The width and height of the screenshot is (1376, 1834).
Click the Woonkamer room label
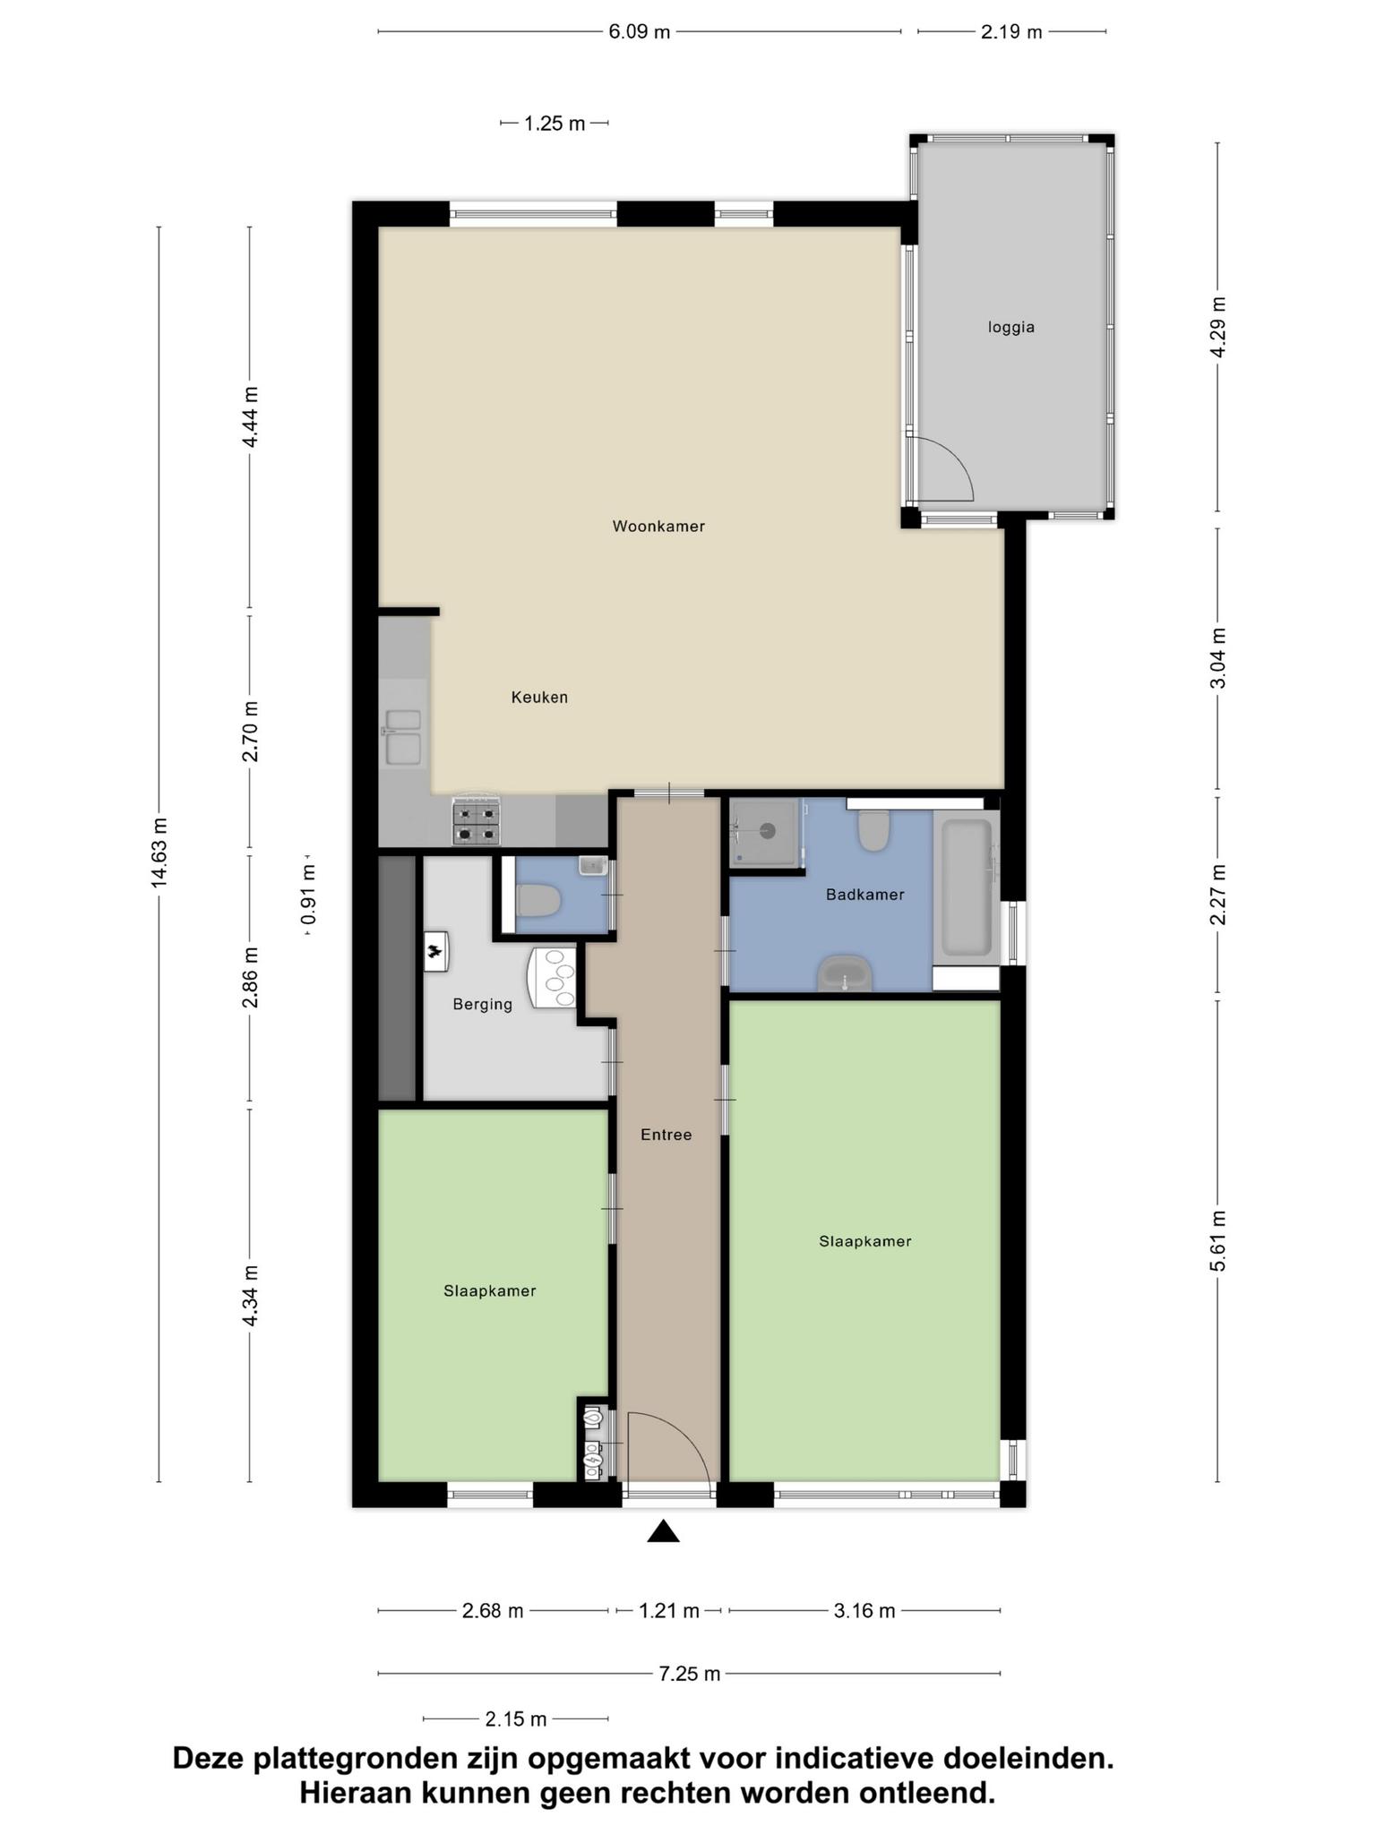click(658, 527)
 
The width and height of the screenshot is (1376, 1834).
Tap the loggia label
click(1011, 328)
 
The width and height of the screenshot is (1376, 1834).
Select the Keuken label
click(539, 697)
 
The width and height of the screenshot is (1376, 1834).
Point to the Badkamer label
click(864, 895)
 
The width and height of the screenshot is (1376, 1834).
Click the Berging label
click(482, 1005)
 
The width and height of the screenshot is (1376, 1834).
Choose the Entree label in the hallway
click(666, 1135)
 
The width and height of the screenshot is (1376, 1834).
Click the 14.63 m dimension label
click(159, 853)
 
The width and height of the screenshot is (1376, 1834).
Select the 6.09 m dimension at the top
click(640, 32)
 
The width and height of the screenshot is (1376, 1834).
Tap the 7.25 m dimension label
click(690, 1673)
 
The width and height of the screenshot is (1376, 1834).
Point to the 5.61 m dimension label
click(1217, 1240)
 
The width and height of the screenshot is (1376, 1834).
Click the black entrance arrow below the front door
click(663, 1531)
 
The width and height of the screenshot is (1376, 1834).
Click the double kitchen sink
click(403, 737)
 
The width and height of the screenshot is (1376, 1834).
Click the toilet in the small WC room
click(538, 900)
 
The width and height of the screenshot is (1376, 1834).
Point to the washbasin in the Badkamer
click(845, 973)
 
